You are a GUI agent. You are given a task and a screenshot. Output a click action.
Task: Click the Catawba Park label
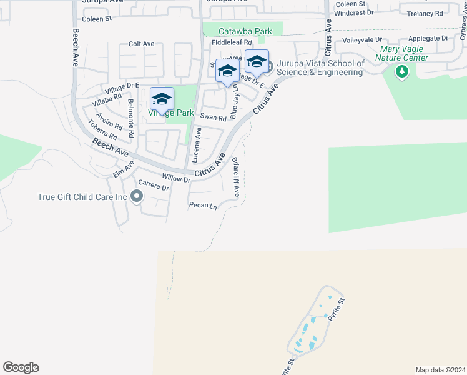click(245, 31)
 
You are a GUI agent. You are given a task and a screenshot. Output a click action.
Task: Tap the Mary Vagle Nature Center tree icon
click(401, 73)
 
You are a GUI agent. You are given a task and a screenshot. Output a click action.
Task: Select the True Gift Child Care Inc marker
click(137, 197)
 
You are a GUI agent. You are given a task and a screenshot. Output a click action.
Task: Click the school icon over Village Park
click(162, 99)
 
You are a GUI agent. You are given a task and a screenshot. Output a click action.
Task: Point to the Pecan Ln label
click(203, 206)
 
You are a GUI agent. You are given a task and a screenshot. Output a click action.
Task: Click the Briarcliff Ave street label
click(236, 177)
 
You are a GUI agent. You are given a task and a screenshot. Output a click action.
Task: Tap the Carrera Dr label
click(154, 187)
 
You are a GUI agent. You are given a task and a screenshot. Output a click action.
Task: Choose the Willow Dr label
click(175, 178)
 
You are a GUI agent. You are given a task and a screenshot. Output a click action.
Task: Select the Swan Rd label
click(213, 117)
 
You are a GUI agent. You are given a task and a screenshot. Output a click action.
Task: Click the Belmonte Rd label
click(130, 118)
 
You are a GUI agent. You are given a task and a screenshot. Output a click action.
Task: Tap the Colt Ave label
click(141, 44)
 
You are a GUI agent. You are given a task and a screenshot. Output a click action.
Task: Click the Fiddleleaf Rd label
click(231, 42)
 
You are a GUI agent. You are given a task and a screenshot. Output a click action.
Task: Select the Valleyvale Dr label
click(361, 39)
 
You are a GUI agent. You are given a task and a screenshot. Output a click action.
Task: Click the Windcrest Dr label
click(353, 12)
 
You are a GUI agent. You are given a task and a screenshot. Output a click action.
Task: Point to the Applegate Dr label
click(428, 38)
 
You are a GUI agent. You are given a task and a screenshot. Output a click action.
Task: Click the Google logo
click(21, 367)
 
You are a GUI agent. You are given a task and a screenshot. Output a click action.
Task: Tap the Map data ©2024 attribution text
click(440, 369)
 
